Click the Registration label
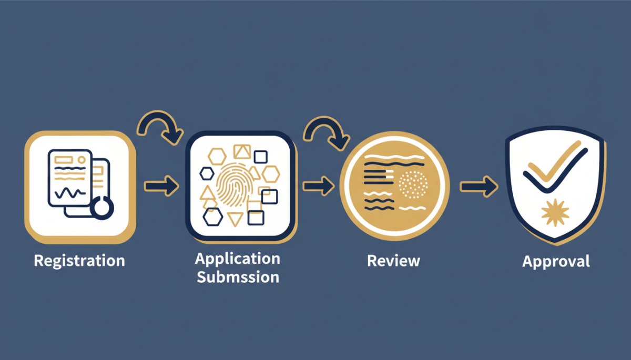coord(79,261)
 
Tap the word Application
coord(238,259)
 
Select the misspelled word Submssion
coord(238,277)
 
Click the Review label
coord(393,261)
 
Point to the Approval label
coord(556,262)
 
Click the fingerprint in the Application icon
coord(235,185)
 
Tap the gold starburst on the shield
coord(555,212)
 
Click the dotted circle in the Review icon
coord(413,185)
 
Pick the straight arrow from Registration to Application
coord(162,186)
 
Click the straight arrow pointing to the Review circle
coord(319,186)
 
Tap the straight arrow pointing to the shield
coord(479,187)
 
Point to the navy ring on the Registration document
coord(102,208)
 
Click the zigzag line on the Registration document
coord(70,193)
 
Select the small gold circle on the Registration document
coord(82,160)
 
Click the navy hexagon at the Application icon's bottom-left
coord(213,217)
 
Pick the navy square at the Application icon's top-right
coord(261,157)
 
